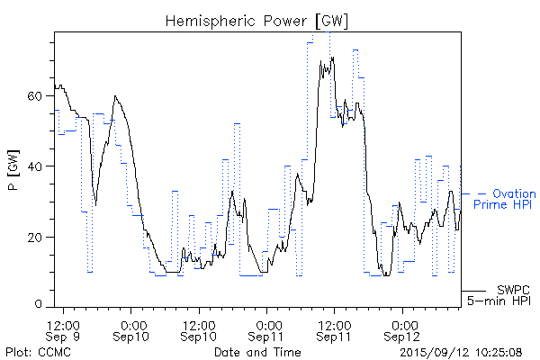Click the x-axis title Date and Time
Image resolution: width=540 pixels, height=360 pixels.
click(x=256, y=352)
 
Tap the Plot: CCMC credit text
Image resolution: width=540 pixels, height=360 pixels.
click(x=34, y=352)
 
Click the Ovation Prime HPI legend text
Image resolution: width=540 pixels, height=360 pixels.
click(x=504, y=200)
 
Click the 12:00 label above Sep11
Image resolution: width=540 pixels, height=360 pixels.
click(x=335, y=323)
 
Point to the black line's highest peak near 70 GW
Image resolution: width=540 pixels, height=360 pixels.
click(x=332, y=58)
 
